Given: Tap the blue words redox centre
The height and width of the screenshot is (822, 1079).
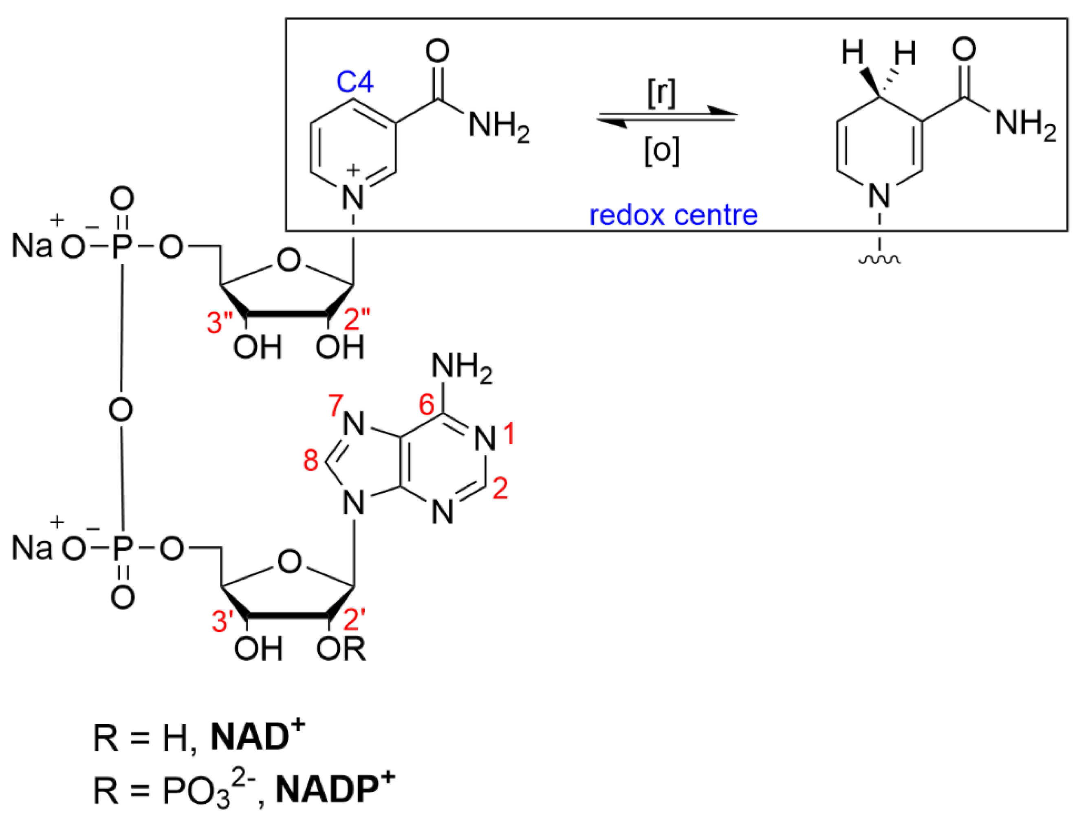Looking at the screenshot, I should coord(673,215).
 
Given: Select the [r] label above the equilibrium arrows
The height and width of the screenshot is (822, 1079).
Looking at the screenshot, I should coord(661,93).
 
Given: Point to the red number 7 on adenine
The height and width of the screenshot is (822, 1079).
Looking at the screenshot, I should coord(336,405).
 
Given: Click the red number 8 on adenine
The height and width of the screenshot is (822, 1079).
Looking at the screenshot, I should coord(311,460).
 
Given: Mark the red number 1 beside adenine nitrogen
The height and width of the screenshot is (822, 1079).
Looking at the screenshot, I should coord(510,434).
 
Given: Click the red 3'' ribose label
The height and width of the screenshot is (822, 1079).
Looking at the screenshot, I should coord(220,323).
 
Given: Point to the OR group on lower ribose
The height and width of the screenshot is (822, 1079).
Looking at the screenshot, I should coord(341,649).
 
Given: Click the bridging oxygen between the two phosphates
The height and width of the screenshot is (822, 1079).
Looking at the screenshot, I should coord(121,409).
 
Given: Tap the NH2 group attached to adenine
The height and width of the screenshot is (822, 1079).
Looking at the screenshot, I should coord(462,368).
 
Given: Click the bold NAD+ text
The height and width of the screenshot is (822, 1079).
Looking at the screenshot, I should coord(257,737).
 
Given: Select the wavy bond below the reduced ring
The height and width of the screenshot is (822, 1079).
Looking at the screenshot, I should coord(879,260).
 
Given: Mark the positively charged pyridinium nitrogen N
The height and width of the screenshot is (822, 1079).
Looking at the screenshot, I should coord(353,197).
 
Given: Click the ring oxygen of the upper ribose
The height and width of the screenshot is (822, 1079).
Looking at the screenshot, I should coord(289,260).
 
